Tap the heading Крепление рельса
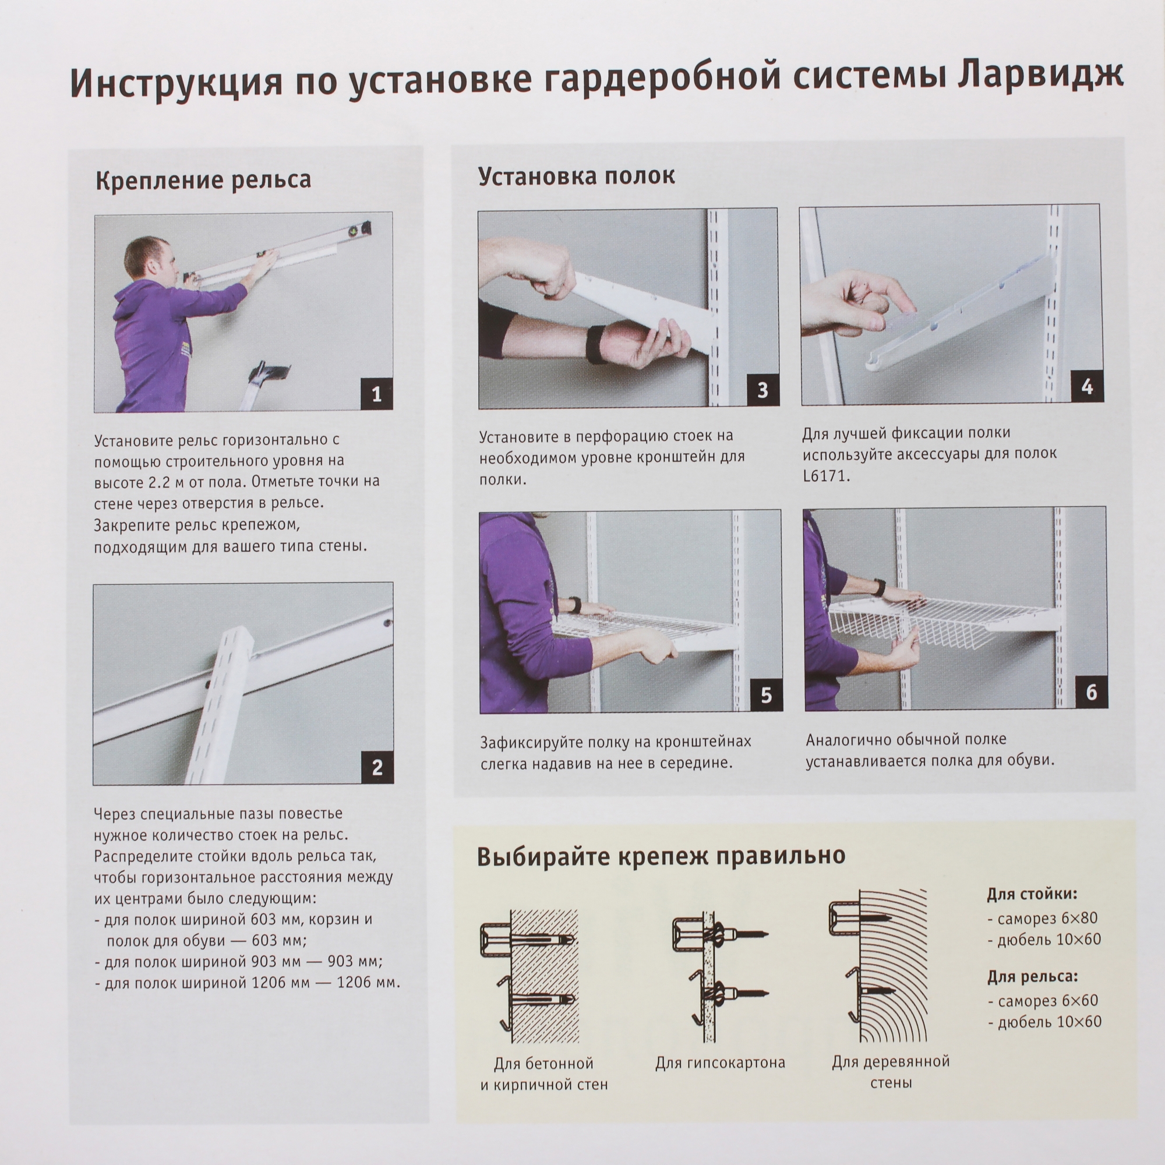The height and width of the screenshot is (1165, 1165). point(203,179)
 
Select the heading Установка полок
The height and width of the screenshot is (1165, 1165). point(577,175)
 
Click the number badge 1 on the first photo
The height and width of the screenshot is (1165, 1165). point(376,394)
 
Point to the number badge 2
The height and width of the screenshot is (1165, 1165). point(377,767)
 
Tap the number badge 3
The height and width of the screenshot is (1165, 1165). point(762,390)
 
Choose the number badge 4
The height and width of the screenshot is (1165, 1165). point(1086,387)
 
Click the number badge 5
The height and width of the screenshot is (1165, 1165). point(766,696)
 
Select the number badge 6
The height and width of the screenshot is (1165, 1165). point(1091,691)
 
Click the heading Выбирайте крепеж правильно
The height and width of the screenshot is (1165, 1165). point(661,856)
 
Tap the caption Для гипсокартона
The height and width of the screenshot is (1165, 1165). point(720,1062)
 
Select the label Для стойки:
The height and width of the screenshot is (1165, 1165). point(1032,894)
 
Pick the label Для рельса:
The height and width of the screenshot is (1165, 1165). point(1032,976)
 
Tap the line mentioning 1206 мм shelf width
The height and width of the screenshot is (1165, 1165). point(246,983)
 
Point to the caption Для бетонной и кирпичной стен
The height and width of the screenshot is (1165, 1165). point(544,1074)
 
